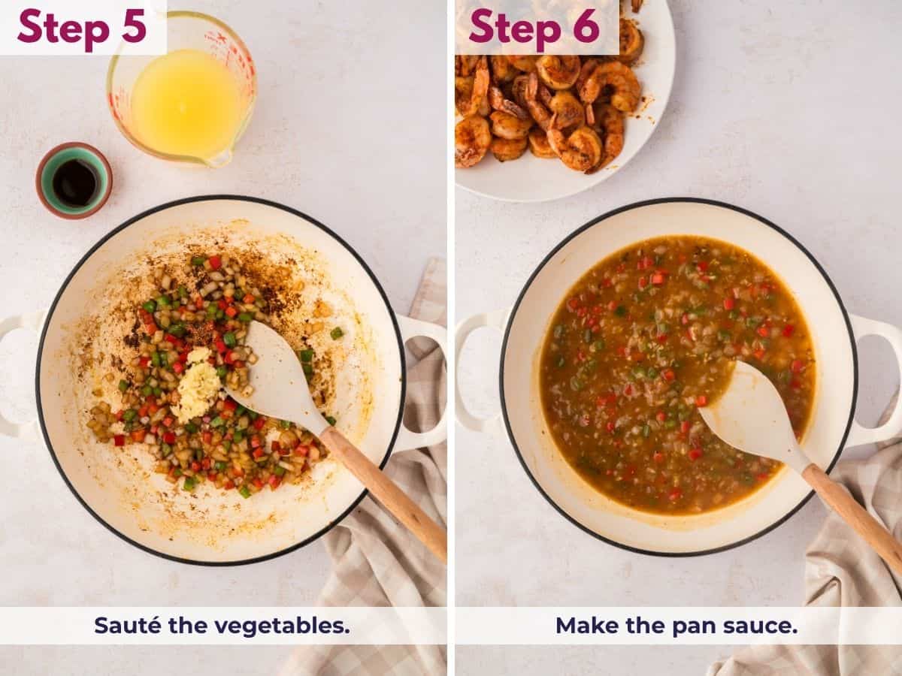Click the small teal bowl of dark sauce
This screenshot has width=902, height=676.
(x=74, y=180)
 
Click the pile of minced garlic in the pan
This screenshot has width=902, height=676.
(x=195, y=381)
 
